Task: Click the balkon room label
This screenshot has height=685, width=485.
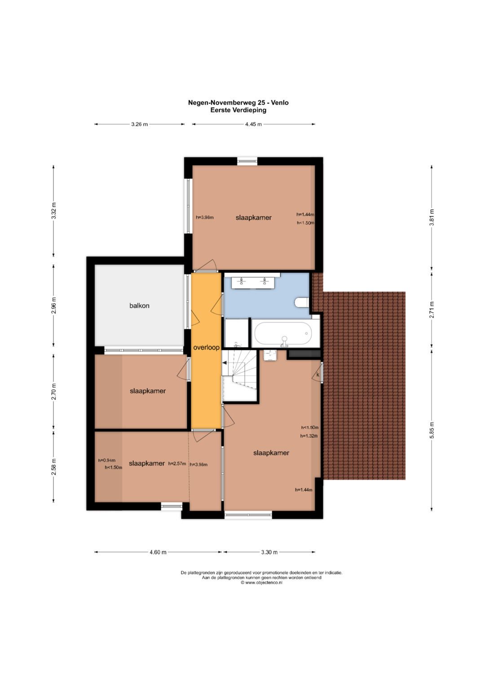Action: coord(139,305)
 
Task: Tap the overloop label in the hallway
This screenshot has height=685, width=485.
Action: coord(207,347)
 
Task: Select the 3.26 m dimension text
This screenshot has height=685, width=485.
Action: coord(139,124)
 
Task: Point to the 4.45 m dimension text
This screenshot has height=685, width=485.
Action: coord(254,124)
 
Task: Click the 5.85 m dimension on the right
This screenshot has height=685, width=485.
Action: coord(432,430)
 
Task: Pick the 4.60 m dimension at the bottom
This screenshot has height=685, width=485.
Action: coord(158,552)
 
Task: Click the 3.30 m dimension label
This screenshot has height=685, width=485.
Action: coord(269,552)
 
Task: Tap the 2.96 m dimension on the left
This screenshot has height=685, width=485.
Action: coord(54,305)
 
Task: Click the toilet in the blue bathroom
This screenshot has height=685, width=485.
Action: coord(302,302)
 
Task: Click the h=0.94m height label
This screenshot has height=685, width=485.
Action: coord(107,460)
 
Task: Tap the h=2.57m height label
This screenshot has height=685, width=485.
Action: coord(177,463)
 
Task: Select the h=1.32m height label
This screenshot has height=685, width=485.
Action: coord(309,436)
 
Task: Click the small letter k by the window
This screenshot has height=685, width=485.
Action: coord(317,375)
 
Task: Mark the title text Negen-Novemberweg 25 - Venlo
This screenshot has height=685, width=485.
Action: coord(238,103)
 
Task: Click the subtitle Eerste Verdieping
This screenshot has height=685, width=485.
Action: coord(238,110)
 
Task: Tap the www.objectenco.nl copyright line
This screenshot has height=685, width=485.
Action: coord(261,583)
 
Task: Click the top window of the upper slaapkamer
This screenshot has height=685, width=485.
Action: coord(247,161)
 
